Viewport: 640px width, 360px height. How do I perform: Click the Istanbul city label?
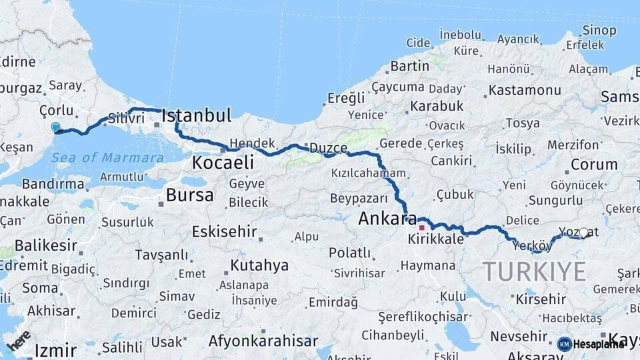tap(197, 115)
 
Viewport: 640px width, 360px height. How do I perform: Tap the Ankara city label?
tap(387, 219)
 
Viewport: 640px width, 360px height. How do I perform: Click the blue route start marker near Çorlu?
tap(55, 127)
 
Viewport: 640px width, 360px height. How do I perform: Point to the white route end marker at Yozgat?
tap(584, 233)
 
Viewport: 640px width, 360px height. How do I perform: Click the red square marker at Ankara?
tap(421, 227)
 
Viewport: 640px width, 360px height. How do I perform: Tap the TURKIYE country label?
tap(535, 271)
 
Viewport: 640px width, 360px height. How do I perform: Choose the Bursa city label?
tap(190, 195)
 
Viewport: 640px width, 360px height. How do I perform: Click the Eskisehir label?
tap(224, 231)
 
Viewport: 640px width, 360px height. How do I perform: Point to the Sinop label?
tap(599, 30)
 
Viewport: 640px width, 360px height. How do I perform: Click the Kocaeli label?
tap(223, 162)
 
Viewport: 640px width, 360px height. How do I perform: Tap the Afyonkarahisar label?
tap(263, 341)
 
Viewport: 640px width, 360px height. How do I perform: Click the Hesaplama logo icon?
tap(565, 344)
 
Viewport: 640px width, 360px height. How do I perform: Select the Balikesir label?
tap(46, 245)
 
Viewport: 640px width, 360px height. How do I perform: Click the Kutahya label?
tap(259, 265)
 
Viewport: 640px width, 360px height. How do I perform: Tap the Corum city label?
tap(594, 164)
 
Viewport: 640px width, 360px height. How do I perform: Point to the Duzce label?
tap(327, 148)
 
